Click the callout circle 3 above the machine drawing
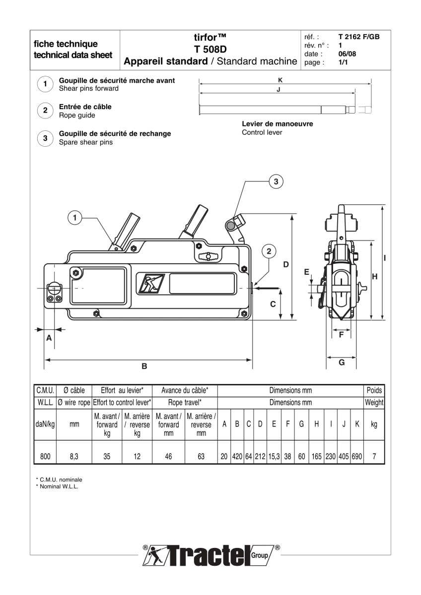tap(277, 181)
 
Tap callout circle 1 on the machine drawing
tap(75, 217)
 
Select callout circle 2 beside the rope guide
tap(269, 251)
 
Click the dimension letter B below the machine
tap(144, 366)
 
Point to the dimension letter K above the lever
tap(281, 78)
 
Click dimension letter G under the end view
tap(342, 362)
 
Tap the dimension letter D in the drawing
tap(286, 265)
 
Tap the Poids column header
tap(374, 391)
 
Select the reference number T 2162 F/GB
tap(359, 37)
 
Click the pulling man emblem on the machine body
tap(150, 284)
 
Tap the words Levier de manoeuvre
tap(277, 124)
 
